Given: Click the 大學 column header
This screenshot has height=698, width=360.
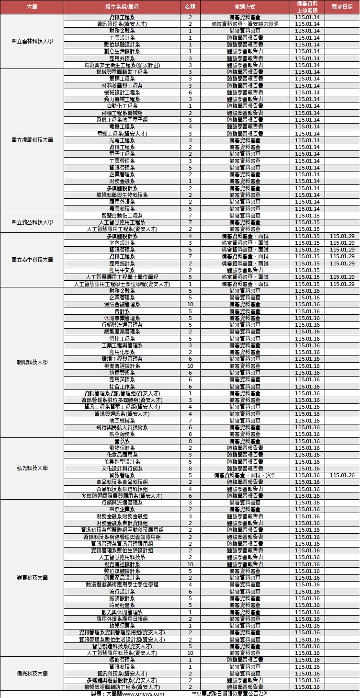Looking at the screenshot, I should pos(32,7).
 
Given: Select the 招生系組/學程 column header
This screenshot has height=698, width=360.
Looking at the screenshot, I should pos(122,7).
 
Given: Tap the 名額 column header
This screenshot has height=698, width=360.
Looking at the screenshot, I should pos(190,7).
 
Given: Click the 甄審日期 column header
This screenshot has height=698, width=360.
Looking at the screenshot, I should pos(342,7).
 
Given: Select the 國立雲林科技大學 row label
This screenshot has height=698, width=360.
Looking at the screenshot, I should pos(32,41).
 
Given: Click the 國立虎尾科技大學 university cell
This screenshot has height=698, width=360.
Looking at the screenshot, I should pos(32,140).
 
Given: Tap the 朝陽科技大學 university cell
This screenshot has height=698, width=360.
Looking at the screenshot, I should pos(32,362).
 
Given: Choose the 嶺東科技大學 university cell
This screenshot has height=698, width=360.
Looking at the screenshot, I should pos(32,578).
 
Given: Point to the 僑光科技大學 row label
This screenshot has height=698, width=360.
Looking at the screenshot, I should pos(32,674).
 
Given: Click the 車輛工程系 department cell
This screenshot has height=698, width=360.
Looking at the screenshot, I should pos(122,79).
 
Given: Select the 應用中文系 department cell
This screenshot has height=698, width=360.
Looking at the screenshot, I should pos(122,270).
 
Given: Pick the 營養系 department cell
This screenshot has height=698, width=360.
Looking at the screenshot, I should pos(122,441).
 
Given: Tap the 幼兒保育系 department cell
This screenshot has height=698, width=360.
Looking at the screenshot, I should pos(122,626).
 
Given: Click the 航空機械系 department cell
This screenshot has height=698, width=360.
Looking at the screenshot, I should pos(122,421).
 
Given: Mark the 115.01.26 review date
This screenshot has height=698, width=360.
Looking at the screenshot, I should pos(342,475).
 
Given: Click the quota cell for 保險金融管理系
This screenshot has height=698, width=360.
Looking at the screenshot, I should pos(190,304).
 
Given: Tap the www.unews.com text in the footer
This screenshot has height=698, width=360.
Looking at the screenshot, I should pos(143,694).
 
